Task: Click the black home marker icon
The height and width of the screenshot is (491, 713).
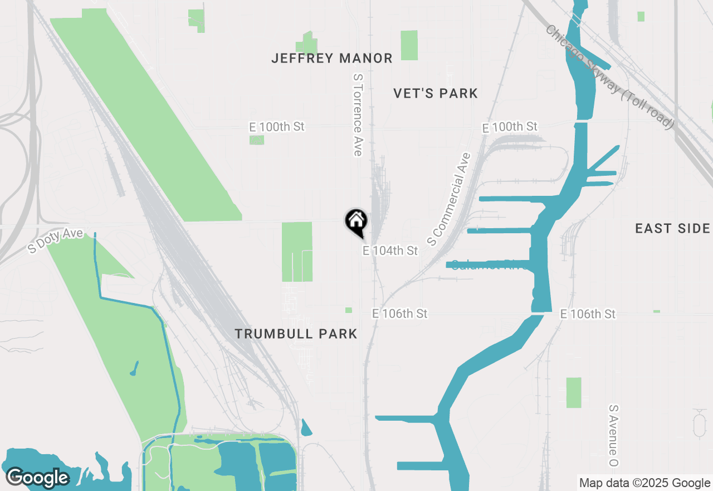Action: (356, 222)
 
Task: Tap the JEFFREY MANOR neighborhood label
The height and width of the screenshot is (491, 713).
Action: (332, 58)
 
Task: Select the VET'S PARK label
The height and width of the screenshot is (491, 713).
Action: (436, 93)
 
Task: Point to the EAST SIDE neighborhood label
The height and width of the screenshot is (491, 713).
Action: (673, 228)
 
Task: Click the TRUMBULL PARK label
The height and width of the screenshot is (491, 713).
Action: (296, 334)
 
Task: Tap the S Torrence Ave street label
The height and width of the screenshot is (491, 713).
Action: (358, 115)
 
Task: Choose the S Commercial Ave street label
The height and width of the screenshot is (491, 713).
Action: (449, 199)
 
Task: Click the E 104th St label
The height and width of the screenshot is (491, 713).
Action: (390, 251)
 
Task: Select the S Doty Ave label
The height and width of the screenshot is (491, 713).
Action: (56, 240)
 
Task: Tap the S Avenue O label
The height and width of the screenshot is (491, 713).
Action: (614, 436)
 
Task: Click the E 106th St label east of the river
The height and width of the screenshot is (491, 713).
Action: (588, 314)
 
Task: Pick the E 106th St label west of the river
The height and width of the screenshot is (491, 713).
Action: (399, 314)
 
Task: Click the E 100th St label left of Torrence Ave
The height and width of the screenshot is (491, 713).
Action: (277, 127)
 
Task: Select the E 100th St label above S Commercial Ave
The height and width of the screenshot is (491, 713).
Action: (510, 127)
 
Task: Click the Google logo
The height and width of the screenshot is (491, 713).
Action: (37, 478)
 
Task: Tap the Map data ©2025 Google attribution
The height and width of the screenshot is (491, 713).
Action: (644, 483)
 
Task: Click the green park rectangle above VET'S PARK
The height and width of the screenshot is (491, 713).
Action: (409, 45)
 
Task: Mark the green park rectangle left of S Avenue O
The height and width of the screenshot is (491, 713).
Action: (574, 393)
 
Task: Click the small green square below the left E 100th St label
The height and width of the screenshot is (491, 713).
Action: (256, 139)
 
